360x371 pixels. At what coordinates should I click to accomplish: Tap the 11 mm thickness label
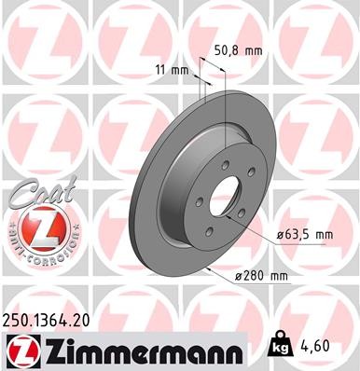(170, 70)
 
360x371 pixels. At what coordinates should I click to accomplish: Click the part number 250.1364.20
(53, 319)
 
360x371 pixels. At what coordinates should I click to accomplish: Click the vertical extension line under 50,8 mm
(226, 112)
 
